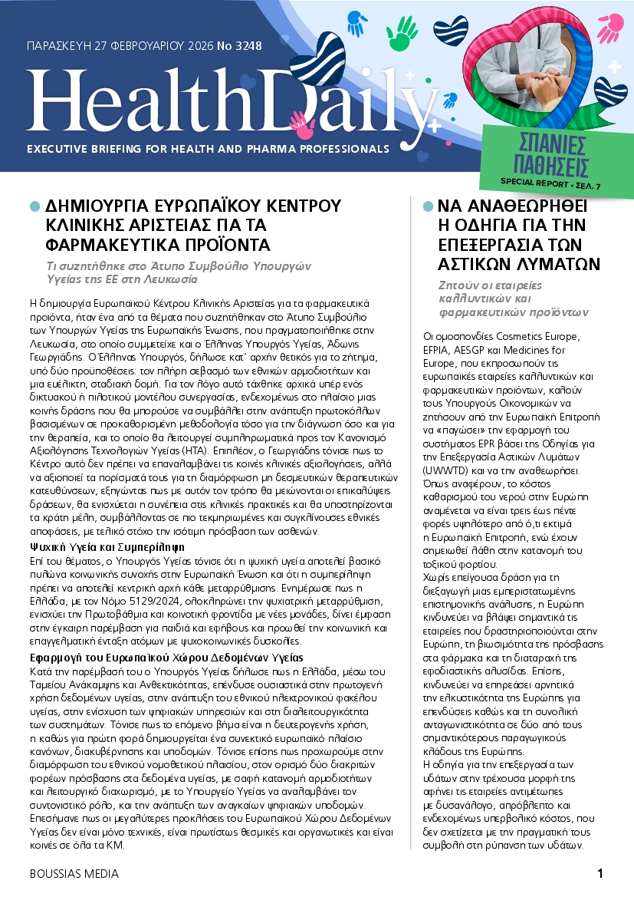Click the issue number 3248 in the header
click(245, 46)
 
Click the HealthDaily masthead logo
click(230, 100)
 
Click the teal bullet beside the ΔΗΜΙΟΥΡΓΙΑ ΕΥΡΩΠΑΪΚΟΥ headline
click(34, 206)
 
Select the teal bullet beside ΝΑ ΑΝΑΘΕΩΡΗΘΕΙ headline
click(428, 206)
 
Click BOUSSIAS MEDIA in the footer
click(74, 874)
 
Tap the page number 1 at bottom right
click(600, 874)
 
